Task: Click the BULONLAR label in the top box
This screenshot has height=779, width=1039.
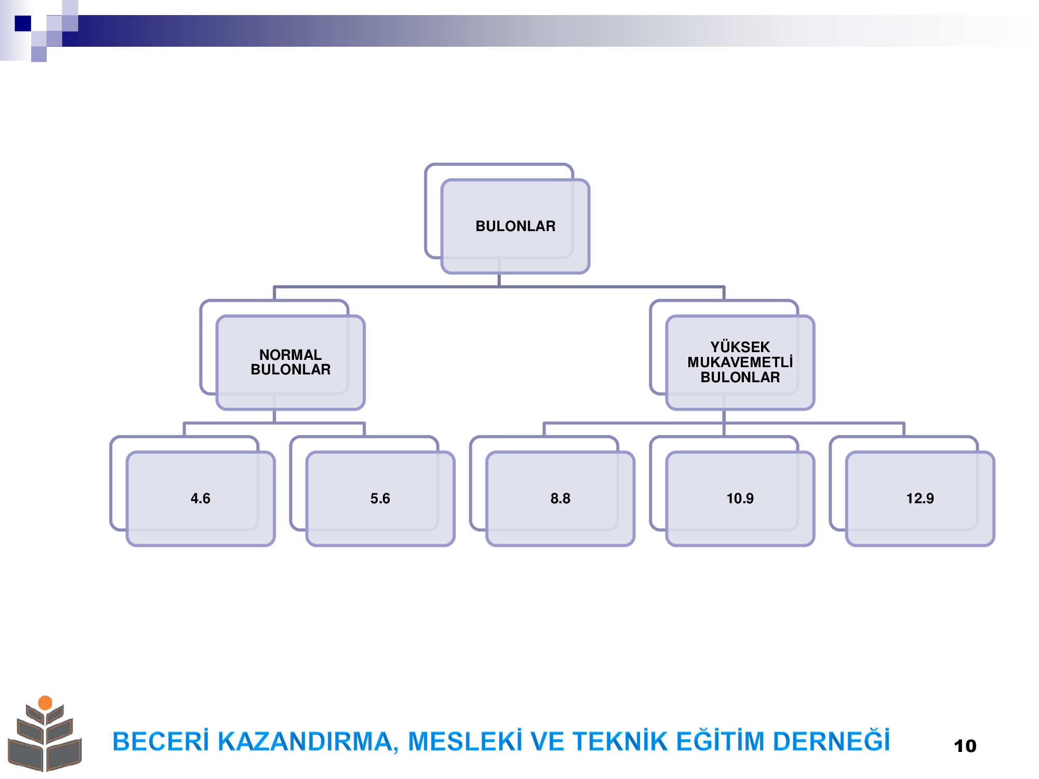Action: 515,226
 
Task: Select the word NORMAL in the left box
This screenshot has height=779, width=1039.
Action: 290,355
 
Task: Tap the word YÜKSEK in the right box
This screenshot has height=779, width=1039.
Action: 740,347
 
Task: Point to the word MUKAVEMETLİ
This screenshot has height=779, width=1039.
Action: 740,361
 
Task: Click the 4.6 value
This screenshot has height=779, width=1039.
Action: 201,499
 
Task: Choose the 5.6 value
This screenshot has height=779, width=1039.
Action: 380,499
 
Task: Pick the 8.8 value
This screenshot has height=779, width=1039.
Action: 560,499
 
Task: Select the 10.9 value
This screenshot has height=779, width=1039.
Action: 740,499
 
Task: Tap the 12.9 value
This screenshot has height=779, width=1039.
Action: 920,499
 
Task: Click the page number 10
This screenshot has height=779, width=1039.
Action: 965,746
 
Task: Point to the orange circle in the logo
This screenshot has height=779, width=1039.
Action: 45,703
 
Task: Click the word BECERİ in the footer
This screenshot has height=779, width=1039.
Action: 161,741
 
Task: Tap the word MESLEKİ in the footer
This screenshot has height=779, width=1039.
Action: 465,741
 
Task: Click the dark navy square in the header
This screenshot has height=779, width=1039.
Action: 23,23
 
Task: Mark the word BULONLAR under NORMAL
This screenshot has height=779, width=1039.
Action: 290,369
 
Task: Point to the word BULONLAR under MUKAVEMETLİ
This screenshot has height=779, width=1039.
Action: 740,377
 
